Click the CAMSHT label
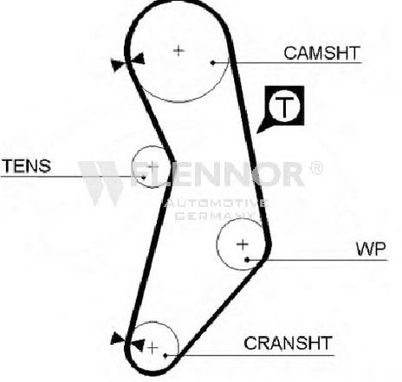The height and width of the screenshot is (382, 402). (x=322, y=53)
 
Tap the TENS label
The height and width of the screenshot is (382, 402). (x=26, y=165)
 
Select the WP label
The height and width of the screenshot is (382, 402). (x=371, y=249)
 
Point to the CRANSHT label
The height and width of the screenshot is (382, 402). (x=288, y=343)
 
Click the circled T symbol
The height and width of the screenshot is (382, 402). (x=284, y=106)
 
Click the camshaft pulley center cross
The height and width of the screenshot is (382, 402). (x=178, y=51)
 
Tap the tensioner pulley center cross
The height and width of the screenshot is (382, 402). (x=152, y=166)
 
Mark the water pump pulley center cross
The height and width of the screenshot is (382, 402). (x=243, y=244)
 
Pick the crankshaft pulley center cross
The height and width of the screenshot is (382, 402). (x=152, y=348)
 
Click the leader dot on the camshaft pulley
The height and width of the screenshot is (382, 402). (x=213, y=62)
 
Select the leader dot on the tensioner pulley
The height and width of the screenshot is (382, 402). (x=143, y=177)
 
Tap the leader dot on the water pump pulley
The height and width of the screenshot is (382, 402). (x=247, y=260)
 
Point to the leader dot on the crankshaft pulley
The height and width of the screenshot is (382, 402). (x=165, y=355)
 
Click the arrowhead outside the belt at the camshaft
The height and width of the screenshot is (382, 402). (x=118, y=65)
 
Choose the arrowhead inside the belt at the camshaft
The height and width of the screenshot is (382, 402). (x=139, y=59)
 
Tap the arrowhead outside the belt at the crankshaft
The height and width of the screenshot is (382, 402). (x=117, y=339)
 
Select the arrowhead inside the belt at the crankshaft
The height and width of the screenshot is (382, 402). (x=138, y=345)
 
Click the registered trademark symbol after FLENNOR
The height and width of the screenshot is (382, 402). (x=316, y=167)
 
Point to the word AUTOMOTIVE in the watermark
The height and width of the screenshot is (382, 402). (x=217, y=204)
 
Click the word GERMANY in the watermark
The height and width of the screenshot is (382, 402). (x=217, y=216)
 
